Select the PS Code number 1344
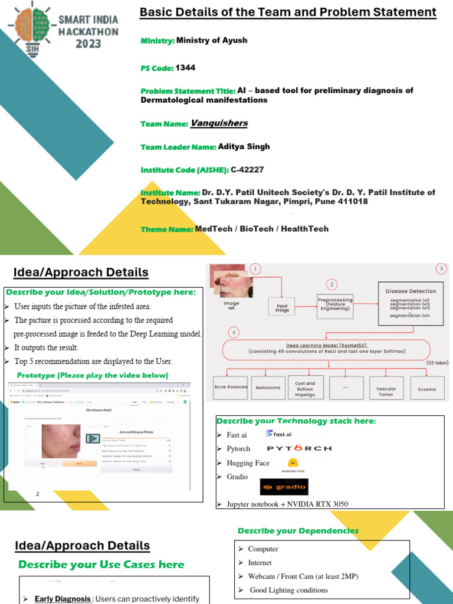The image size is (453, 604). point(185,68)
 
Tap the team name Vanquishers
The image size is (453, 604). point(219,123)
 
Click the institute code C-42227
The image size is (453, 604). point(247,170)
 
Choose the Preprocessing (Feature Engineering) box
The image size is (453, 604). point(334,304)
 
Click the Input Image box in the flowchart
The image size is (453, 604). point(282,307)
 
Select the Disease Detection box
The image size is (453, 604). point(411,304)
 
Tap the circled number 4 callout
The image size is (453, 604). point(234,333)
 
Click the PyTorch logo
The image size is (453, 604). point(295,449)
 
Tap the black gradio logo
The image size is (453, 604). point(284,487)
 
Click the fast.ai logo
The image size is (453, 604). point(278,434)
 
